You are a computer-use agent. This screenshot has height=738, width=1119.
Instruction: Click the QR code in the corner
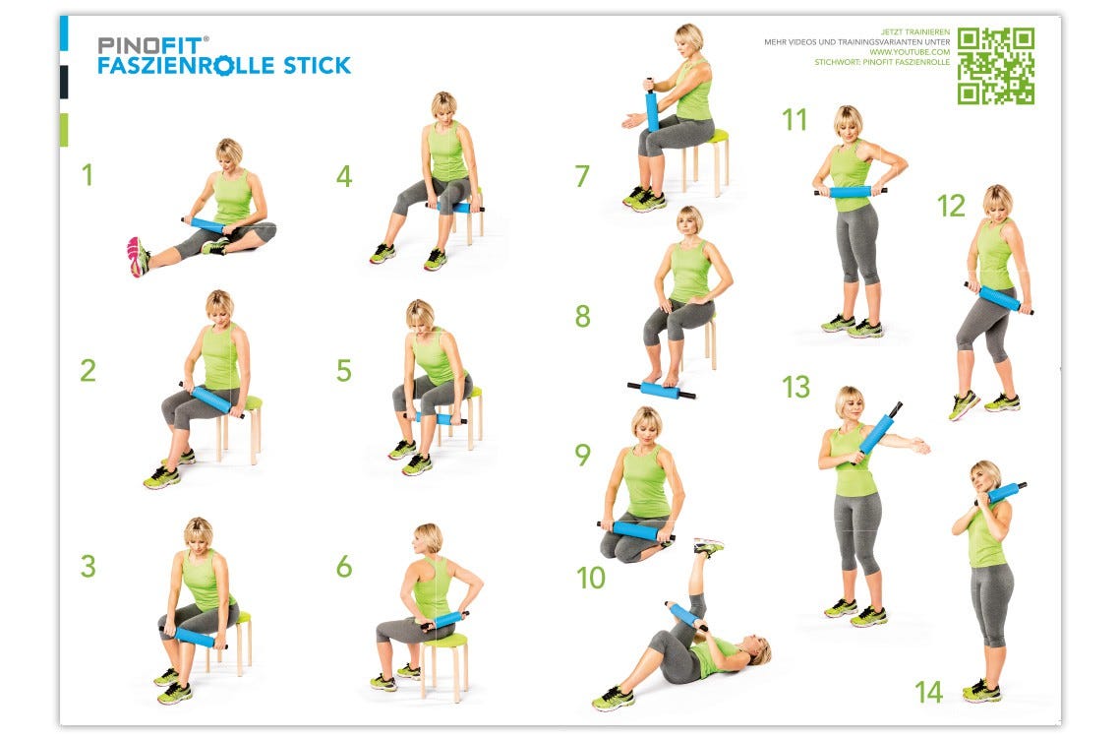click(995, 66)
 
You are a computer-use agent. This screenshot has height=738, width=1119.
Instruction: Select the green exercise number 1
click(88, 175)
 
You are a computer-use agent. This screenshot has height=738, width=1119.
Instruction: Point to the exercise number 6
click(343, 567)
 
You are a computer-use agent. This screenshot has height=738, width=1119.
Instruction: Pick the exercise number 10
click(590, 578)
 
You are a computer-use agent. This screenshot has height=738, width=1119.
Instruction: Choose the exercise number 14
click(928, 692)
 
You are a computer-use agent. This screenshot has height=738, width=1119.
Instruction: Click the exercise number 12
click(951, 206)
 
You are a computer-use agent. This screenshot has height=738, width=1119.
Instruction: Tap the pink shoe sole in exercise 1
click(135, 256)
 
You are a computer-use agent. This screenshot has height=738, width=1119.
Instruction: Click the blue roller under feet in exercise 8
click(661, 391)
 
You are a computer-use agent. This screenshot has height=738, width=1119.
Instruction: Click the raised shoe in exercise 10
click(708, 545)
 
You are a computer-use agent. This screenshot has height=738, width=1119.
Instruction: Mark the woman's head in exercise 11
click(847, 122)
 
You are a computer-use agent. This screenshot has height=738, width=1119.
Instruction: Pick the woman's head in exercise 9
click(646, 424)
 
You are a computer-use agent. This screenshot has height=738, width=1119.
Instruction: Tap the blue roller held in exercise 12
click(1000, 297)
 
